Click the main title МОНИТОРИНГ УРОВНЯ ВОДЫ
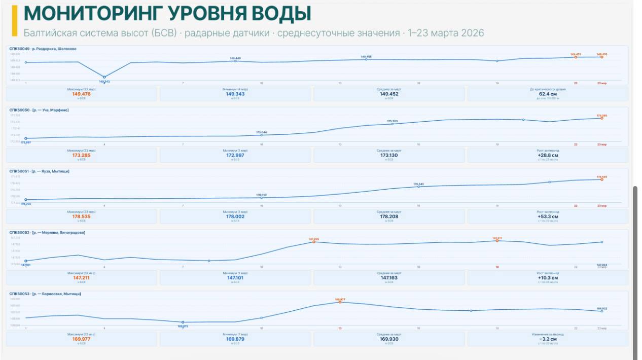click(x=168, y=14)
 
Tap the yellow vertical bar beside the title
click(x=15, y=20)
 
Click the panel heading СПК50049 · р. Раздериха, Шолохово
click(x=43, y=49)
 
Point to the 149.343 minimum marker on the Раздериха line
click(x=104, y=77)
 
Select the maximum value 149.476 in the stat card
click(x=82, y=94)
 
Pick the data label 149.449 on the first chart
click(x=235, y=58)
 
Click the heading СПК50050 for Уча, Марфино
click(x=39, y=110)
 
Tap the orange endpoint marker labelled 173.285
click(x=602, y=118)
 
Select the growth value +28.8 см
click(x=547, y=155)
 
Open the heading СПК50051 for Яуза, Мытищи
click(x=40, y=171)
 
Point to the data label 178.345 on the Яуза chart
click(x=418, y=184)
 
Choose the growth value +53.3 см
click(x=547, y=217)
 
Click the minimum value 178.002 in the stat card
click(x=235, y=217)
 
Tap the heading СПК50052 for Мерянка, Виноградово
click(x=47, y=233)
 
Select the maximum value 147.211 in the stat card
click(x=82, y=278)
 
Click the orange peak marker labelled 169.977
click(x=340, y=302)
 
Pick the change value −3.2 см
click(x=547, y=339)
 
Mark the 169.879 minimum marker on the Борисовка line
click(x=183, y=322)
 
